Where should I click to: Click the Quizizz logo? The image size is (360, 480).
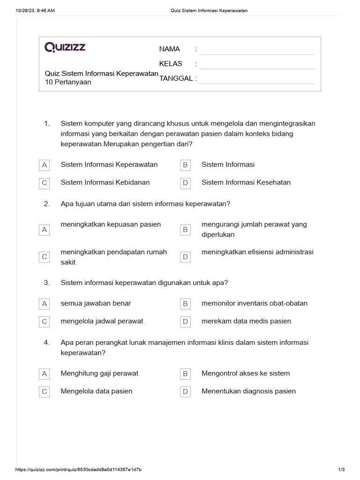[65, 47]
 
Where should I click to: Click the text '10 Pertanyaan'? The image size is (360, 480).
[68, 82]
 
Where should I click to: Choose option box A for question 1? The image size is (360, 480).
[45, 165]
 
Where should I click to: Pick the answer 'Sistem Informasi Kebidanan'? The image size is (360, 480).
[105, 182]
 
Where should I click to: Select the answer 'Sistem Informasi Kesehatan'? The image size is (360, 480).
[246, 182]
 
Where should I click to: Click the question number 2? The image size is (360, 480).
[47, 204]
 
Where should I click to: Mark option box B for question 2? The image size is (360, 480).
[185, 230]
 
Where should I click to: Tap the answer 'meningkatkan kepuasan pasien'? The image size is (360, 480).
[111, 225]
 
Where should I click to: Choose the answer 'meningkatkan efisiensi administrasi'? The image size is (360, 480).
[257, 252]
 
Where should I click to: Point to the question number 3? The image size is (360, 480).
[47, 283]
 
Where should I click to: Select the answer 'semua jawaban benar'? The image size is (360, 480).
[96, 303]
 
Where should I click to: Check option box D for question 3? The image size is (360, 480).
[185, 322]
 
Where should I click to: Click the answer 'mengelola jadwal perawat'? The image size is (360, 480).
[102, 321]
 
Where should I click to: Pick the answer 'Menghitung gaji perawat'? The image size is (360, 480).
[99, 374]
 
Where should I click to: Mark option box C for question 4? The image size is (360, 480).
[45, 391]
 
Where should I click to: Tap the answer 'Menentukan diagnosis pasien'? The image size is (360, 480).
[248, 391]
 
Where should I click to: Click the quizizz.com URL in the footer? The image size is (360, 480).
[79, 470]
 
